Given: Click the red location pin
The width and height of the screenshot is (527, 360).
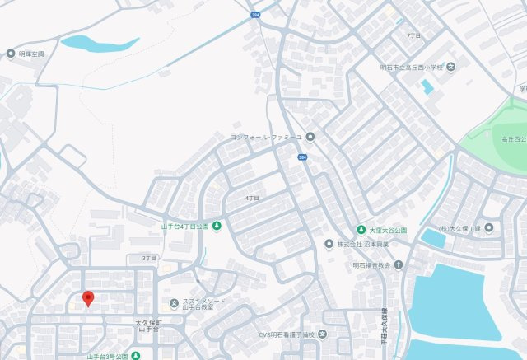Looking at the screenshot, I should tap(88, 299).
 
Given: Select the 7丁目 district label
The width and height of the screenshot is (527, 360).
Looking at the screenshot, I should tap(413, 36).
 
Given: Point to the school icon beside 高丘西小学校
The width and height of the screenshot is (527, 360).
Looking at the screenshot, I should tap(450, 66).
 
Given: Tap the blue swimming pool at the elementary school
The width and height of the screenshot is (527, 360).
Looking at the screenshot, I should tap(427, 86).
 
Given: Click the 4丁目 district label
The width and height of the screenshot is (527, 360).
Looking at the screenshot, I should tap(252, 199).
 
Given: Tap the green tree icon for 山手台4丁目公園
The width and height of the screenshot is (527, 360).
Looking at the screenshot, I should tap(217, 226).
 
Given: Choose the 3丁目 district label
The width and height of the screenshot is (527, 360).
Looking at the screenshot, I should tap(148, 258).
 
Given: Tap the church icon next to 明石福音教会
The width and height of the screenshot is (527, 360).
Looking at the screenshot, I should tap(399, 265).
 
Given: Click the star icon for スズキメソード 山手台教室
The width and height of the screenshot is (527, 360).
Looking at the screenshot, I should tap(173, 304).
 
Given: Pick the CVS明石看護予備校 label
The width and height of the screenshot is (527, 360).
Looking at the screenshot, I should tap(287, 334).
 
